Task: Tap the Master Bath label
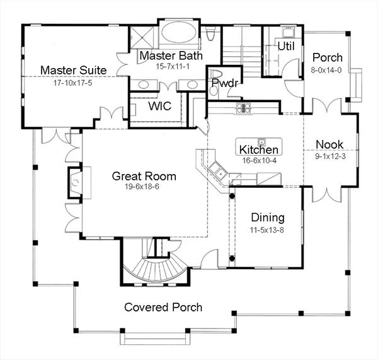tap(171, 55)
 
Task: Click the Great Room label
tap(144, 176)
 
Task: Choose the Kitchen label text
tap(259, 150)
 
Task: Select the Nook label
tap(329, 144)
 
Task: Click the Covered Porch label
tap(163, 307)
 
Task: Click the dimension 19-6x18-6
tap(144, 188)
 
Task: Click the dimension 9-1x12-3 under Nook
tap(329, 156)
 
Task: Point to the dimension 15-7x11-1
tap(171, 67)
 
